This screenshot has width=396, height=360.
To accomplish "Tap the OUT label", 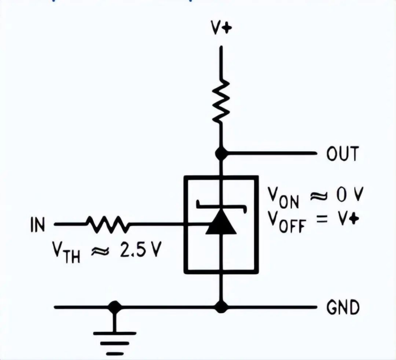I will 342,154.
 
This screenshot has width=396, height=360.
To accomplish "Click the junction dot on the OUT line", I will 222,153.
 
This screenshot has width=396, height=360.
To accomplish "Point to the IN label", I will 37,225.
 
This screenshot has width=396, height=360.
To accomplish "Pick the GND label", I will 343,308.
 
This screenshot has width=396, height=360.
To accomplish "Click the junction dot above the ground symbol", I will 115,307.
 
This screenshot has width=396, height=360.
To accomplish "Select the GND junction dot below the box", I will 222,307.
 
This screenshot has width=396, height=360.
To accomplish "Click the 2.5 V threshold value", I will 140,250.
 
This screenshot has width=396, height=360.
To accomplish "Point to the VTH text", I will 67,252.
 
